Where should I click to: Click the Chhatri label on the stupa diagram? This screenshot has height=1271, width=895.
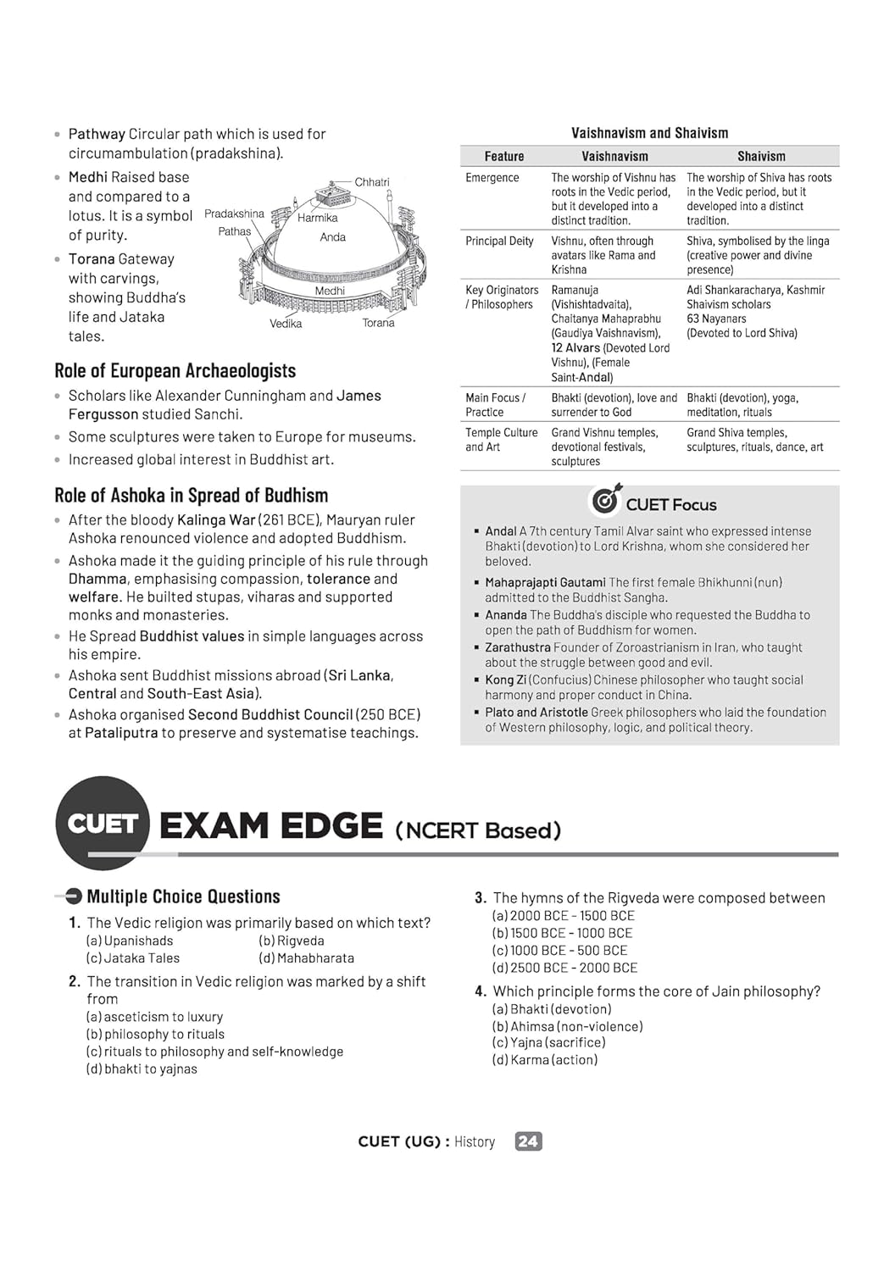tap(372, 182)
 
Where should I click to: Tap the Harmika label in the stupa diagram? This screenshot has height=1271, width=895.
tap(317, 218)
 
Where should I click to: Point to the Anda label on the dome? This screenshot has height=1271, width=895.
tap(332, 237)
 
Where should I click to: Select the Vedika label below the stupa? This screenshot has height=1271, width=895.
tap(286, 324)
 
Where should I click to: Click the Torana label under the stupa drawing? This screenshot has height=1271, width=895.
tap(378, 323)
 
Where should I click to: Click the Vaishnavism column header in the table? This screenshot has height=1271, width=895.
tap(614, 157)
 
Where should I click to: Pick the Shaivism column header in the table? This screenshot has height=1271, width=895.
tap(761, 157)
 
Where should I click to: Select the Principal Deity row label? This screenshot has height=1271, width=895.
tap(499, 241)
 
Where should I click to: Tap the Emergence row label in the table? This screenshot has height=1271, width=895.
tap(492, 178)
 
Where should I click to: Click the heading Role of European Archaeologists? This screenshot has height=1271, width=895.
tap(175, 371)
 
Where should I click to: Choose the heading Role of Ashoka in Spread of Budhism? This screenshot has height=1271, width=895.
tap(191, 496)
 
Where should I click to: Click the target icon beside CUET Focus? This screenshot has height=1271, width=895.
tap(606, 501)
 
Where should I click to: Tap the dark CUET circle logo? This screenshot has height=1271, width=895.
tap(103, 823)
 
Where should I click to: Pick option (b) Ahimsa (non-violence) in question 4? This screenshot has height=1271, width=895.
tap(567, 1026)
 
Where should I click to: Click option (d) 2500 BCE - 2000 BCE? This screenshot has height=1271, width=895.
tap(564, 968)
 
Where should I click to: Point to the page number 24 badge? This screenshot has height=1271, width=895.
tap(528, 1141)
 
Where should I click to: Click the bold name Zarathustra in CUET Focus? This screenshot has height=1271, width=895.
tap(517, 647)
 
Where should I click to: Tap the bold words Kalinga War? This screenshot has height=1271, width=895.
tap(216, 520)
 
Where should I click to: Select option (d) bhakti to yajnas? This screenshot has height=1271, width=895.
tap(142, 1069)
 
